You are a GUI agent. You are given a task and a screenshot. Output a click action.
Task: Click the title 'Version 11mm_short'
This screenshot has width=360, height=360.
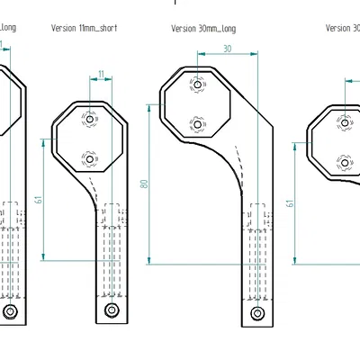(x=85, y=28)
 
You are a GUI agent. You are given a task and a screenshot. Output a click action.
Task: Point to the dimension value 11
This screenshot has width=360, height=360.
(x=101, y=74)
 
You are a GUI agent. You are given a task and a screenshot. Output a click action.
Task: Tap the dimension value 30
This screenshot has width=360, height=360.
(x=227, y=49)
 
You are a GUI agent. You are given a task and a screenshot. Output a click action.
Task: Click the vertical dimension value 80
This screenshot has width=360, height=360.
(x=143, y=184)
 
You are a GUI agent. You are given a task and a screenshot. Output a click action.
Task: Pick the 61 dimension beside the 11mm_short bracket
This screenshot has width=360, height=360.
(x=38, y=199)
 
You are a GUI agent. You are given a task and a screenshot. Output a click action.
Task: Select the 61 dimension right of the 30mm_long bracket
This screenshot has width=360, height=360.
(x=290, y=202)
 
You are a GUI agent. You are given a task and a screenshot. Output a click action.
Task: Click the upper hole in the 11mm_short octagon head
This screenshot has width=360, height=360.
(x=88, y=119)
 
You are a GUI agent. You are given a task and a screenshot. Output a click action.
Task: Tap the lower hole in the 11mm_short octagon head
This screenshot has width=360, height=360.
(x=88, y=159)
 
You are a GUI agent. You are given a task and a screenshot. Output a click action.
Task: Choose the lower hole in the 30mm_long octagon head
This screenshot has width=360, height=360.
(x=198, y=123)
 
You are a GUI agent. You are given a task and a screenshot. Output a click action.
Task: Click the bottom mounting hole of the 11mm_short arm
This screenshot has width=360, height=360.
(x=111, y=310)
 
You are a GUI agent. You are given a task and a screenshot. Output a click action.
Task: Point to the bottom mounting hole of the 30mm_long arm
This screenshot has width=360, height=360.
(x=257, y=312)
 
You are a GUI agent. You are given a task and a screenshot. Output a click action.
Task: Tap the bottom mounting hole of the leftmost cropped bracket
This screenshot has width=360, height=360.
(x=10, y=311)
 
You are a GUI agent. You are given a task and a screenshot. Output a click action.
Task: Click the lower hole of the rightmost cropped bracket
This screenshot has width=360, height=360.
(x=343, y=162)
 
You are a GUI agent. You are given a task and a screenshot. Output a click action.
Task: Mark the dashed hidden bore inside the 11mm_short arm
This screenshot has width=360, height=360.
(x=112, y=252)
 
